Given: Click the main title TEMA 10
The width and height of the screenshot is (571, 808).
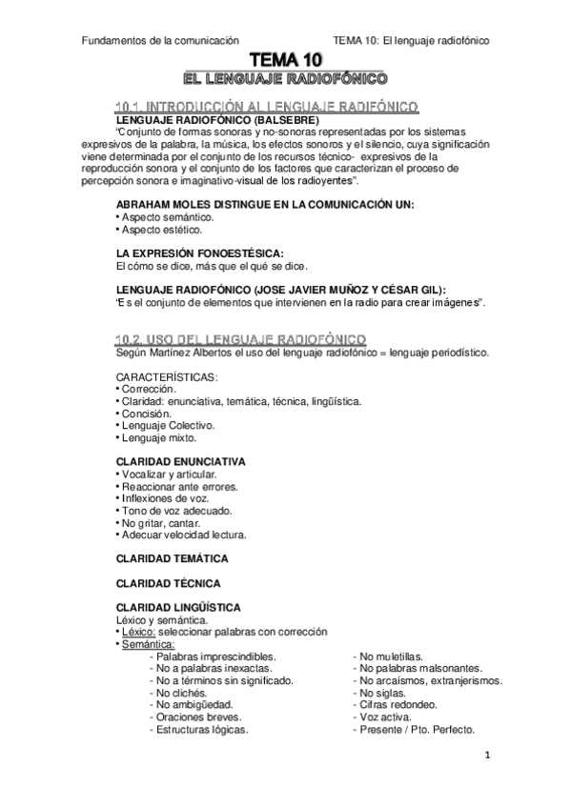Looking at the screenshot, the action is (x=286, y=59).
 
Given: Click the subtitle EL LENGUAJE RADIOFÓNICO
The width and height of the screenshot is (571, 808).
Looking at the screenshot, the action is (x=285, y=76).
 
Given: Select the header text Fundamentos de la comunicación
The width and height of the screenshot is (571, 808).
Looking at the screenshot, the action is (x=148, y=40).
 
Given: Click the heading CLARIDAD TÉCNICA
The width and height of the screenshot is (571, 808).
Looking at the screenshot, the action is (x=168, y=581).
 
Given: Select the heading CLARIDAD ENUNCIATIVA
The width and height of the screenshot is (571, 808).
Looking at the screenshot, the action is (x=180, y=461).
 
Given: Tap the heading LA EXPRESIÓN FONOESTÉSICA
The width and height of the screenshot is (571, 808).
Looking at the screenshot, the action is (x=199, y=252).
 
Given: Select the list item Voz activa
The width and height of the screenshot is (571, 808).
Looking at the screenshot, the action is (x=383, y=717).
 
